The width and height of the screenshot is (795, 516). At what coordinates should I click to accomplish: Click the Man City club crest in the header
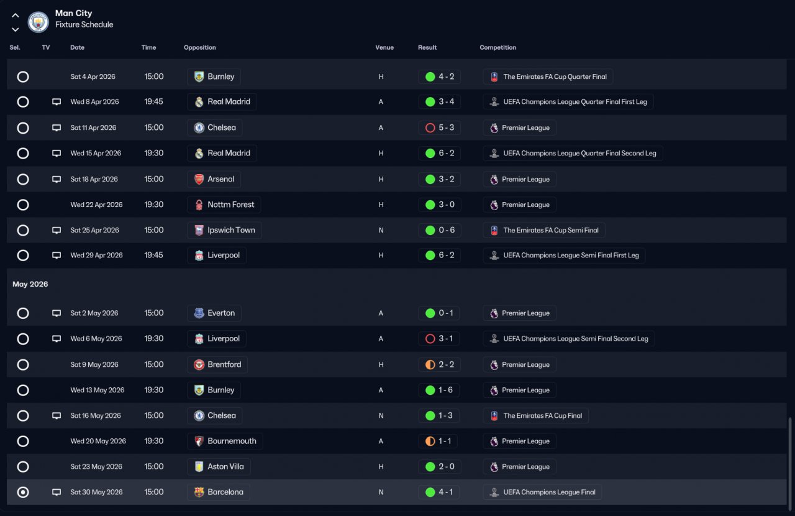pos(39,22)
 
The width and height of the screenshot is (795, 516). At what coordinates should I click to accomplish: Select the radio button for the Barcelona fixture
pos(23,492)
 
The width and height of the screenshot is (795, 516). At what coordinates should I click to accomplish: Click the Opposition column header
pos(200,48)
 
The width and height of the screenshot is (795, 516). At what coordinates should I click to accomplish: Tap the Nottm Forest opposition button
pos(224,205)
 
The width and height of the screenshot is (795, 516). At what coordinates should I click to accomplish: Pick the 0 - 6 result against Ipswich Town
pos(440,230)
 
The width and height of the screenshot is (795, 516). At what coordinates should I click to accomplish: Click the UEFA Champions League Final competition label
pos(542,492)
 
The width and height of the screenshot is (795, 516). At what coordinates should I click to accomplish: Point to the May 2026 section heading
pos(30,284)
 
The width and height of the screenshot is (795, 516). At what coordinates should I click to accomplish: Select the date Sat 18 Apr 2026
pos(94,179)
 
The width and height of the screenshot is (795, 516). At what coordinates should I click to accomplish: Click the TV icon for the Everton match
pos(57,313)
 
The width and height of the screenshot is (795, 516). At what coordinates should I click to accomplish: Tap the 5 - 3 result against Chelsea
pos(440,128)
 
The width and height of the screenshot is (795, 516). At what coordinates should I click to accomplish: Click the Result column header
pos(427,48)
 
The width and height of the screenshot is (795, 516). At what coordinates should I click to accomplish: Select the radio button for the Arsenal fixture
pos(23,179)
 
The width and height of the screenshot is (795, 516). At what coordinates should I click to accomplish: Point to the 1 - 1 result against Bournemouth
pos(438,441)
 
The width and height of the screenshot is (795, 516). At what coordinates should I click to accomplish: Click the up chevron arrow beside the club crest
pos(16,16)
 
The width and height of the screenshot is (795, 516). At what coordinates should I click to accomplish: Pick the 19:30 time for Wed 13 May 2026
pos(154,390)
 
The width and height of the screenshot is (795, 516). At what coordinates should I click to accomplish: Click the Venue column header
pos(384,48)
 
